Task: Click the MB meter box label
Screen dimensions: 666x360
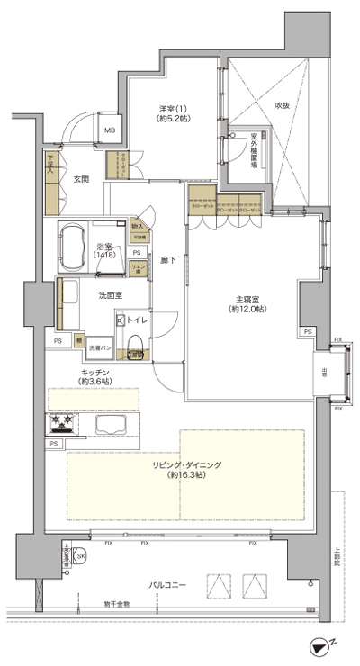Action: (x=111, y=130)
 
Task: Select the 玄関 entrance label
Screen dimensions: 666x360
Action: (x=81, y=179)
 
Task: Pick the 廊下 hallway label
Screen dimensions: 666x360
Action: (x=167, y=260)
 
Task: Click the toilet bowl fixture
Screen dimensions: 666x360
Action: (x=135, y=343)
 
